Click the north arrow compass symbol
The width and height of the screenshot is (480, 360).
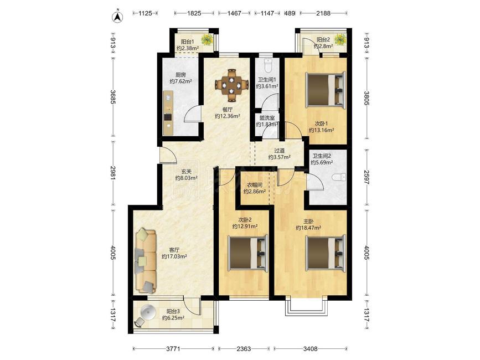coord(117,17)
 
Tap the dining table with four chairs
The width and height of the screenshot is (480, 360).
coord(232,85)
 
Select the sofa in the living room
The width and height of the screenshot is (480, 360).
coord(146,260)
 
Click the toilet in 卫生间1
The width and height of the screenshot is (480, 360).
coord(268,65)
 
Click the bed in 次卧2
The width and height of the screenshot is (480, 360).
coord(248,253)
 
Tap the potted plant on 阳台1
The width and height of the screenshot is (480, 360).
coord(208,39)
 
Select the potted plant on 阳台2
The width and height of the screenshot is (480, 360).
coord(340,39)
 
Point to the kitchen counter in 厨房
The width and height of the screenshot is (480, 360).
coord(168,113)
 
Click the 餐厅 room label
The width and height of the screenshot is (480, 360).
coord(227,109)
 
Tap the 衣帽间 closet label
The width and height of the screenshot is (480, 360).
coord(255,185)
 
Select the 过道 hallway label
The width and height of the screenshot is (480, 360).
coord(280,151)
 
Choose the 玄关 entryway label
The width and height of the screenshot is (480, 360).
coord(186,172)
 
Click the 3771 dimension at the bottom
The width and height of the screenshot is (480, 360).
coord(174,349)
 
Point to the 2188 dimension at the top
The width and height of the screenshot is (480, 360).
coord(323,13)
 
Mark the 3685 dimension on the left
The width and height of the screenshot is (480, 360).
coord(113,96)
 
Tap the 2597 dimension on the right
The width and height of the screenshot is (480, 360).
coord(367,177)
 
